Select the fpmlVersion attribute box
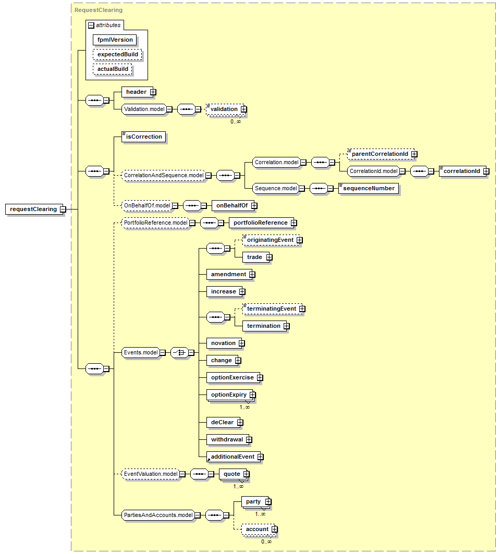point(115,40)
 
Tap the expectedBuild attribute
point(118,54)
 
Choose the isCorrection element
point(144,137)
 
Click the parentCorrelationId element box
point(381,154)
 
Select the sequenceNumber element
point(369,188)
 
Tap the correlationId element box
point(462,171)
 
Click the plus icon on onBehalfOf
point(254,206)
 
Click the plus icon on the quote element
point(246,474)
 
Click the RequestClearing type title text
point(99,10)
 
